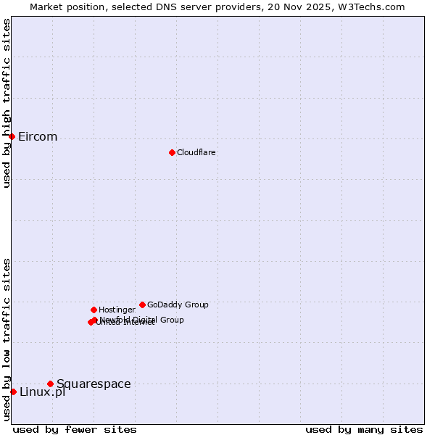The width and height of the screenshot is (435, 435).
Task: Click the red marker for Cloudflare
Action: (172, 152)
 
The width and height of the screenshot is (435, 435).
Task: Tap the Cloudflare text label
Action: (196, 153)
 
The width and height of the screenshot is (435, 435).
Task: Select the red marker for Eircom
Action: (12, 136)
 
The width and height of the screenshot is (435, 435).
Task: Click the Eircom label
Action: (38, 137)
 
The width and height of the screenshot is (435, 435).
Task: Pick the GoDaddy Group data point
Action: (142, 304)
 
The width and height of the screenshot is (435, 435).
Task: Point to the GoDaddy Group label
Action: (178, 305)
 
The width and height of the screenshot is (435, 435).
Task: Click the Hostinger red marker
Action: (94, 310)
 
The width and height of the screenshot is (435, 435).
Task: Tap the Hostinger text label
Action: (117, 310)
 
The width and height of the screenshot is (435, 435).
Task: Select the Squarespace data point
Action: (50, 384)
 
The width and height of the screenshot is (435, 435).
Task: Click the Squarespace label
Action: (94, 384)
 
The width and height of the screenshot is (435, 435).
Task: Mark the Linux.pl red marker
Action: (13, 391)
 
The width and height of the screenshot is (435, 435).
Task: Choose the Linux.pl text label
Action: (42, 392)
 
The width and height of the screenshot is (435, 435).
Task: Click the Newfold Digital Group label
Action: (142, 320)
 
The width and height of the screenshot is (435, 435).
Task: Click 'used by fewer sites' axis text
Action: (75, 429)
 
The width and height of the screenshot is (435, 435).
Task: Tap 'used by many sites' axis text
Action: (364, 429)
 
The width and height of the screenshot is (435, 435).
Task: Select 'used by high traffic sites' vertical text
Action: (7, 103)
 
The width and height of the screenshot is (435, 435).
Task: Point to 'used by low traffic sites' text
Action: (7, 339)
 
